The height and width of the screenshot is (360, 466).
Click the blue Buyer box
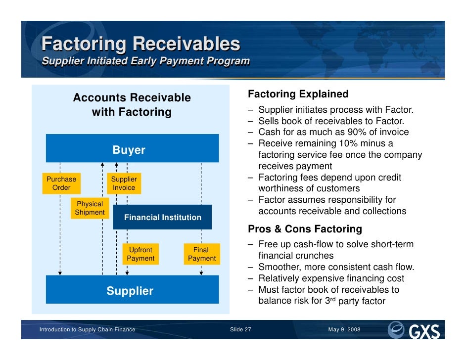(132, 148)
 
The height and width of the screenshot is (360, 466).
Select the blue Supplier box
(132, 290)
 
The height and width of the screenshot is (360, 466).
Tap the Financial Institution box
(162, 217)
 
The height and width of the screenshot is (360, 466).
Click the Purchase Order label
(61, 183)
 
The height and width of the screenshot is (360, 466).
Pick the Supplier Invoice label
(124, 183)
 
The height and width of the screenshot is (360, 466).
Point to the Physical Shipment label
(90, 208)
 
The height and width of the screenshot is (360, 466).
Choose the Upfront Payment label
(140, 254)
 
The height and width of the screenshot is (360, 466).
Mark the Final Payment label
(201, 254)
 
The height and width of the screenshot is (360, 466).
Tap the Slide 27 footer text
(241, 330)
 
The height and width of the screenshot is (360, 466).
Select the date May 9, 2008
(344, 330)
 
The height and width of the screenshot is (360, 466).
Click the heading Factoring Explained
(298, 94)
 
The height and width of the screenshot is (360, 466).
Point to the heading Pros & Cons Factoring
(305, 229)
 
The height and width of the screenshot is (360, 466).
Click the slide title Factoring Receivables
(140, 44)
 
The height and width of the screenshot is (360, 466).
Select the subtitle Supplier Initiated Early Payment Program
(145, 61)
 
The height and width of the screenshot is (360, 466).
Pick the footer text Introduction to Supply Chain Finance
(87, 330)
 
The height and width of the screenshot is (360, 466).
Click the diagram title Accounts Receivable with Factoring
(132, 105)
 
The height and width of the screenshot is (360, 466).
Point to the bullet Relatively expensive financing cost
(331, 278)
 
